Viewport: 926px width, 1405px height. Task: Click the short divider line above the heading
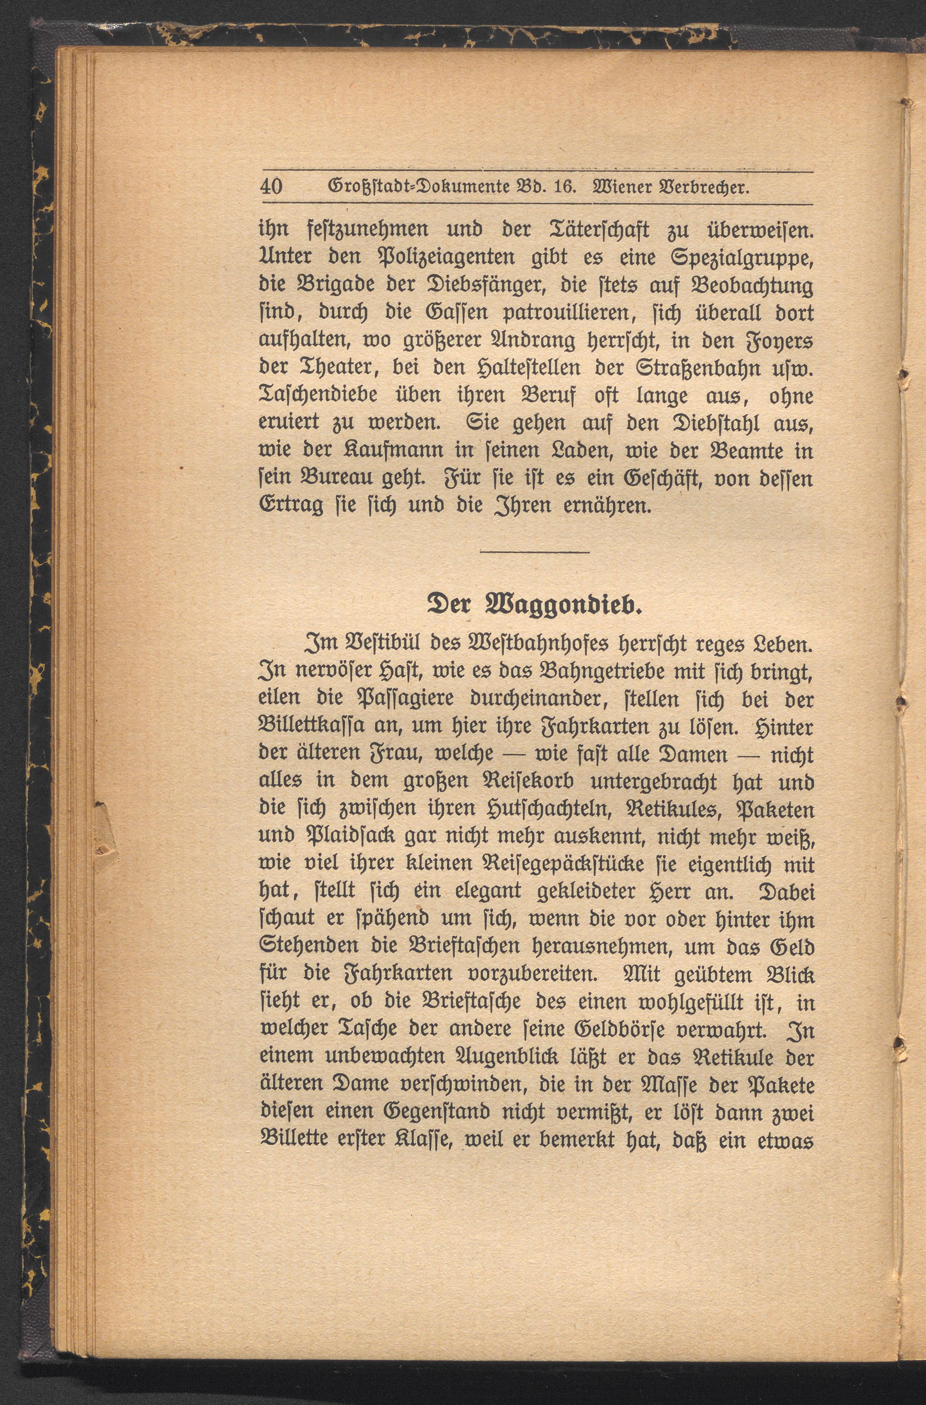tap(535, 552)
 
